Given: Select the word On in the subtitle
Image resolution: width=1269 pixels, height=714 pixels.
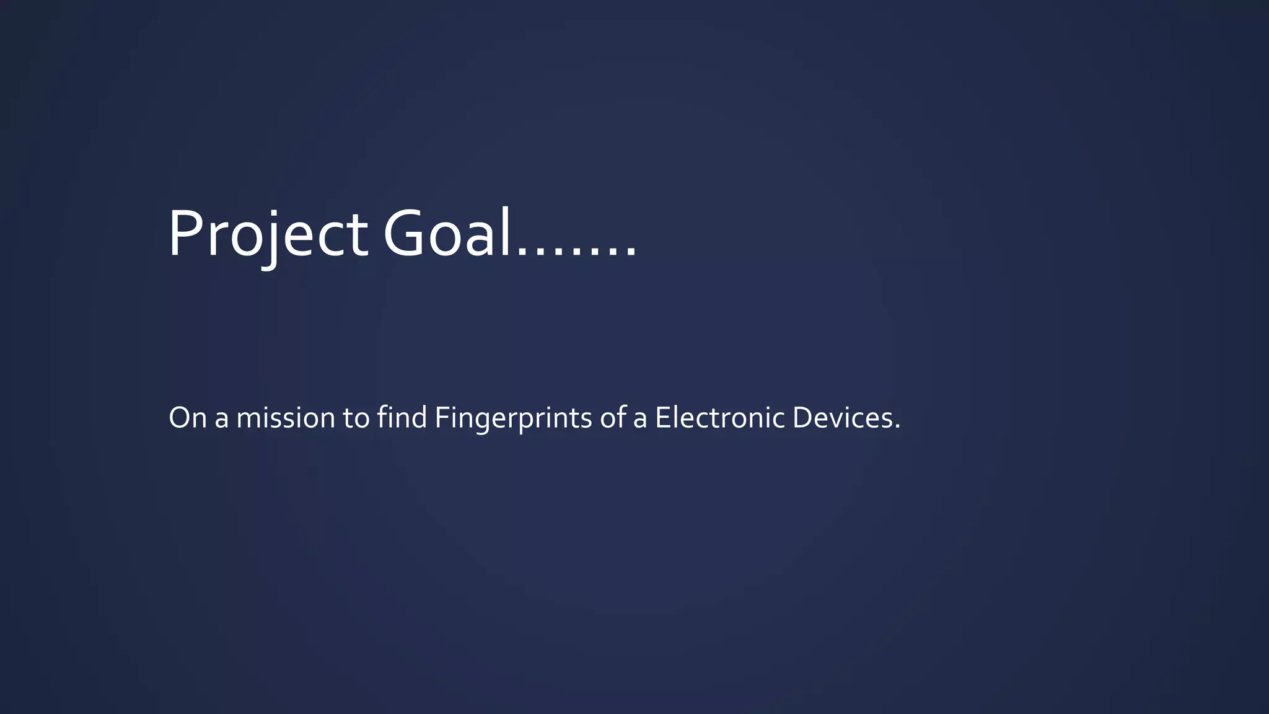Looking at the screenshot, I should pyautogui.click(x=187, y=418).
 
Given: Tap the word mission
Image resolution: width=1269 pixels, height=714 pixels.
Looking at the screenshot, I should pyautogui.click(x=286, y=418).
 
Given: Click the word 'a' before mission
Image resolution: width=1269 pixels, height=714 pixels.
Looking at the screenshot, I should pyautogui.click(x=221, y=420).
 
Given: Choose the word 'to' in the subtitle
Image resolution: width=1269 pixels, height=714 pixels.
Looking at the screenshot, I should pyautogui.click(x=356, y=419).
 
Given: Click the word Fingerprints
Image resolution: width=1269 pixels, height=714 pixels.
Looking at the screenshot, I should pyautogui.click(x=514, y=419).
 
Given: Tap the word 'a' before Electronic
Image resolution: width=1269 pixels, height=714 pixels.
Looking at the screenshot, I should pyautogui.click(x=640, y=420).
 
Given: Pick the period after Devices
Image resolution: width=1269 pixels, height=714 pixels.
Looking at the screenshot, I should pyautogui.click(x=897, y=427).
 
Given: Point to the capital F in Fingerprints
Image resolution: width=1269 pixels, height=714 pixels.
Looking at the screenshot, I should pyautogui.click(x=442, y=418).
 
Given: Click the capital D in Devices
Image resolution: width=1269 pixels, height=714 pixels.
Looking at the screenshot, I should pyautogui.click(x=802, y=418).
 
